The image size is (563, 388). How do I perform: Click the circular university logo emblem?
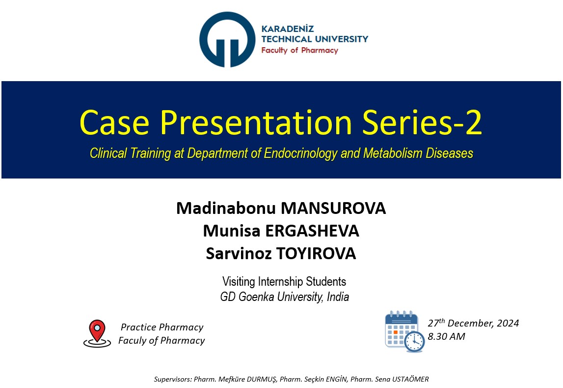coord(227,39)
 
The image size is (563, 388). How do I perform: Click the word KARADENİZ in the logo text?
coord(287,29)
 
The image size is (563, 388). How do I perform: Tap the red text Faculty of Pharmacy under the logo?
coord(299,50)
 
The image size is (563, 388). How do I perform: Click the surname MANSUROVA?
coord(333,208)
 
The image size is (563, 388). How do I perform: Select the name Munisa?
coord(232,231)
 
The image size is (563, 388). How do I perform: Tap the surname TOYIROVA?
coord(316,254)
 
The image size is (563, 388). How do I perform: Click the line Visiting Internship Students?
coord(284,281)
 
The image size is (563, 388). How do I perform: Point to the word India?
coord(338,297)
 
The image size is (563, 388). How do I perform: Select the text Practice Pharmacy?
coord(162,327)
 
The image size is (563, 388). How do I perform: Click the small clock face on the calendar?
coord(414,341)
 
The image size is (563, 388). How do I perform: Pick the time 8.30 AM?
coord(446,336)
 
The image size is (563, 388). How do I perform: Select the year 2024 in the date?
coord(508,323)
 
